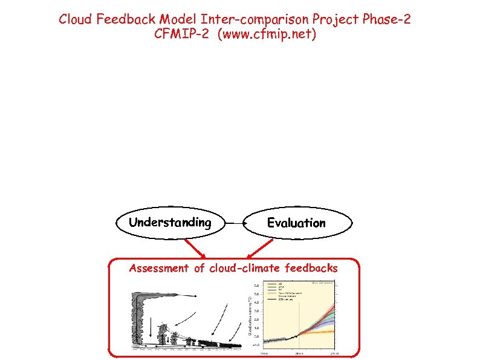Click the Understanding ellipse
(170, 223)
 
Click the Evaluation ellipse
(296, 223)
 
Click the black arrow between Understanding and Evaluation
(234, 223)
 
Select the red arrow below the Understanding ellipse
(195, 247)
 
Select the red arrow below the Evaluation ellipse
(262, 248)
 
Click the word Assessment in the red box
(158, 268)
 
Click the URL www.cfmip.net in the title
(266, 34)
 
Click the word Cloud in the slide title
(76, 19)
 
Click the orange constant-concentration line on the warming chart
(320, 332)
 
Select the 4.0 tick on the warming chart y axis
(256, 303)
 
